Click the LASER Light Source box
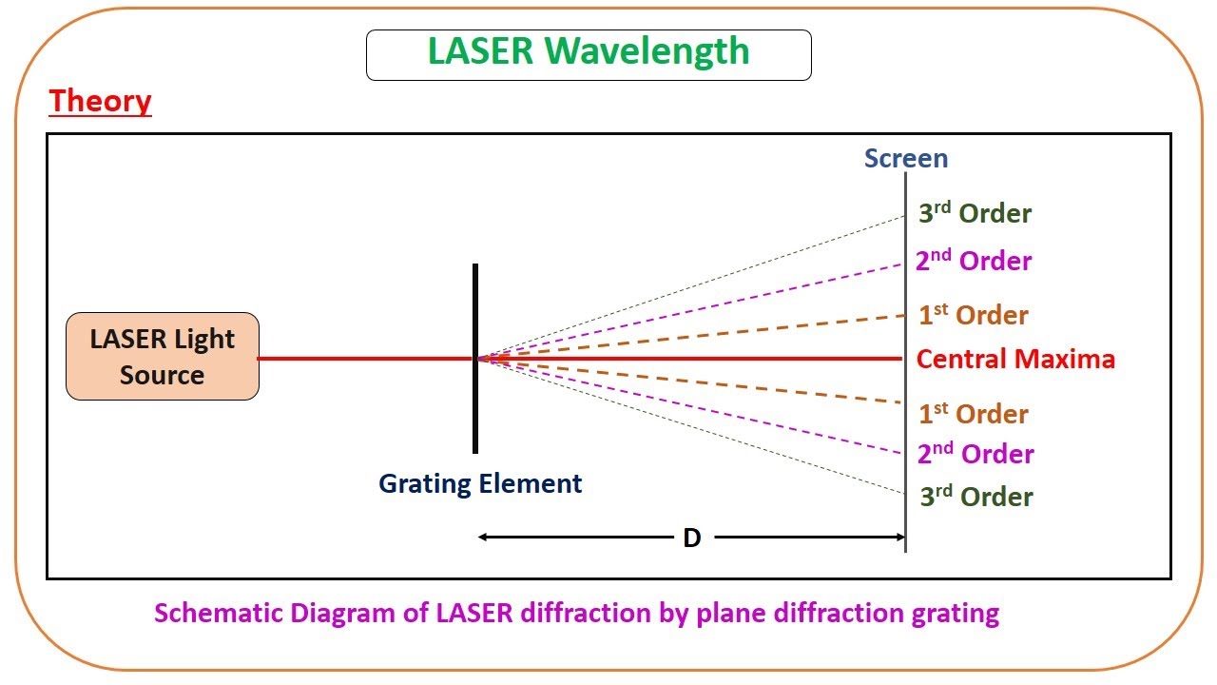163,357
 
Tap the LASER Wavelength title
589,51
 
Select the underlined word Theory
100,100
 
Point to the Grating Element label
480,483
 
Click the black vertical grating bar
475,419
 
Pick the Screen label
905,158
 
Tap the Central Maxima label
1015,359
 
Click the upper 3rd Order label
975,213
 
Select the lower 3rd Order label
976,497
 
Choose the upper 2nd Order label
974,261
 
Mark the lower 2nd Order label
976,454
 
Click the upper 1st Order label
974,315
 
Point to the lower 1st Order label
974,414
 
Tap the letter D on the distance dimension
692,538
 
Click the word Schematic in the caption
209,613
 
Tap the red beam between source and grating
366,359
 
